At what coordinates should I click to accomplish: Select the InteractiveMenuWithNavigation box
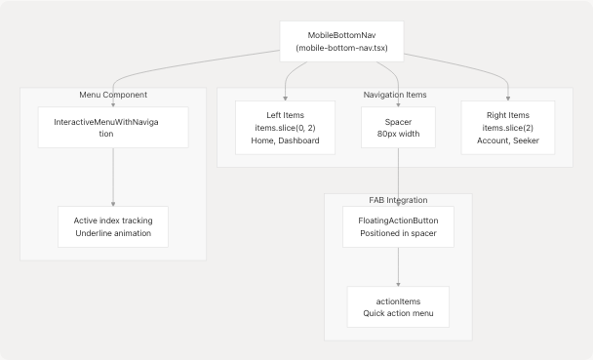(x=113, y=127)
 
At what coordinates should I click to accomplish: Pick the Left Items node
(x=285, y=127)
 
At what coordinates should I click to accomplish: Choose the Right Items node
(x=508, y=127)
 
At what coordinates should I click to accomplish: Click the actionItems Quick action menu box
(x=398, y=306)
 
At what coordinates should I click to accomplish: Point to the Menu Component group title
(x=113, y=96)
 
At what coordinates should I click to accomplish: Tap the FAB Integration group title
(x=398, y=200)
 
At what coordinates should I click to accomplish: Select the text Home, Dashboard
(x=285, y=140)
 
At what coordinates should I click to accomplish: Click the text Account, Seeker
(x=508, y=140)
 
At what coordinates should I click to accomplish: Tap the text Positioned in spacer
(x=398, y=234)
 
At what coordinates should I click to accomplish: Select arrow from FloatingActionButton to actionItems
(x=398, y=265)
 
